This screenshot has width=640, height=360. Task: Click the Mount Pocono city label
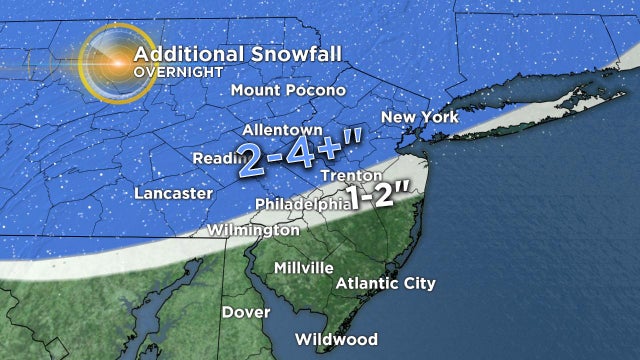coord(288,90)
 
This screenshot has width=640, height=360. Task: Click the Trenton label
coord(347,176)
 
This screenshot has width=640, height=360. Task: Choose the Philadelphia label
coord(299,203)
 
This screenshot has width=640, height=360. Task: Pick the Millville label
coord(304,268)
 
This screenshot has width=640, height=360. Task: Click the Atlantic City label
coord(385,283)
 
